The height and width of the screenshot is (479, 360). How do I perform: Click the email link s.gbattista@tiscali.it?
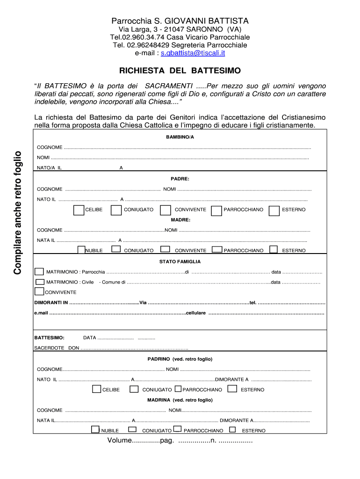pyautogui.click(x=193, y=53)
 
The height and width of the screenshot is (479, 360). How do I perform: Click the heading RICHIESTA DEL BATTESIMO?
pyautogui.click(x=180, y=71)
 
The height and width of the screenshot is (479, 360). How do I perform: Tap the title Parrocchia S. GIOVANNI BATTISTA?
pyautogui.click(x=180, y=21)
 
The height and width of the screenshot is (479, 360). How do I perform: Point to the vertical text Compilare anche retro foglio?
pyautogui.click(x=17, y=212)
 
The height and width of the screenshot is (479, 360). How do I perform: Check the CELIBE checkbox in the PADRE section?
pyautogui.click(x=79, y=210)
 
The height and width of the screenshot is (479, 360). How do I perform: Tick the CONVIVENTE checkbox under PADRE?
pyautogui.click(x=166, y=210)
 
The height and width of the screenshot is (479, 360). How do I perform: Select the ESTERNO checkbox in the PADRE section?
pyautogui.click(x=274, y=210)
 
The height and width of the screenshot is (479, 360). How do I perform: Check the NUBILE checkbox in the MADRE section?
pyautogui.click(x=81, y=249)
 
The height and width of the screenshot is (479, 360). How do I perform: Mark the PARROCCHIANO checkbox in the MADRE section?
pyautogui.click(x=217, y=249)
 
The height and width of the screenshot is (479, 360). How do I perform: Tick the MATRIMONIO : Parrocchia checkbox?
pyautogui.click(x=39, y=272)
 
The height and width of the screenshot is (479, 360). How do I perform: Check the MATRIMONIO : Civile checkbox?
pyautogui.click(x=40, y=282)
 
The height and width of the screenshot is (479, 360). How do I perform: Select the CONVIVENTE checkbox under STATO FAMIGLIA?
pyautogui.click(x=39, y=292)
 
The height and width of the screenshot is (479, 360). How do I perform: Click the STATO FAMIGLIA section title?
pyautogui.click(x=180, y=262)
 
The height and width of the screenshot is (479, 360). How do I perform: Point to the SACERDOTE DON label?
pyautogui.click(x=57, y=348)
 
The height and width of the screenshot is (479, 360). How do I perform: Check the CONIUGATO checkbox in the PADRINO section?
pyautogui.click(x=134, y=389)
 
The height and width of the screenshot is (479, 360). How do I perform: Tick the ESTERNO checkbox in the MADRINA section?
pyautogui.click(x=232, y=429)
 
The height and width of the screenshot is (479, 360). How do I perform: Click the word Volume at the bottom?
pyautogui.click(x=120, y=441)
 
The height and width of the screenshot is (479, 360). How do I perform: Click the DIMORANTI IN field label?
pyautogui.click(x=51, y=303)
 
